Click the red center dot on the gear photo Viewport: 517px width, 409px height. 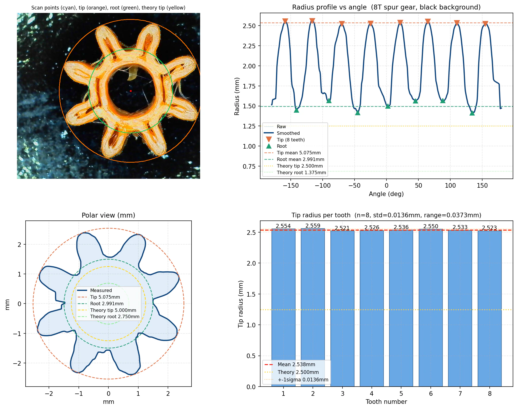(131, 91)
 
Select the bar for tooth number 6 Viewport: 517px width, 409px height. (430, 308)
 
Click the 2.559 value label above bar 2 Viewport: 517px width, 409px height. (313, 226)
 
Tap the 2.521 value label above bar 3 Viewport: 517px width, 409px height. (342, 228)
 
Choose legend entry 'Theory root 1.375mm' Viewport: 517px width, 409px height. (301, 172)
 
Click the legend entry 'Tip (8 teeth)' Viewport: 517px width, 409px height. (290, 140)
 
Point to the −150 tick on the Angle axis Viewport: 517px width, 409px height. (291, 186)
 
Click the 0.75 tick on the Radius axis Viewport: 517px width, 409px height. (249, 166)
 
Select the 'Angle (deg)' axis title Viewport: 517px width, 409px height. (386, 194)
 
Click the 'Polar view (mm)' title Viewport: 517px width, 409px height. (108, 215)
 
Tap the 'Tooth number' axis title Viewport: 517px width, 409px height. (386, 402)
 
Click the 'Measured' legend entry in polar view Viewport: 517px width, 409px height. (101, 290)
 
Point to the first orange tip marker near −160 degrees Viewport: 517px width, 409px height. (285, 21)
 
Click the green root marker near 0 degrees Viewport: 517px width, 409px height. (388, 106)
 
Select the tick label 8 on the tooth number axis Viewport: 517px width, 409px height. (489, 393)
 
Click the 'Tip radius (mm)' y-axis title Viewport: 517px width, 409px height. (241, 304)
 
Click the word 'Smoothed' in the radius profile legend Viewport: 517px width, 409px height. (288, 133)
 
